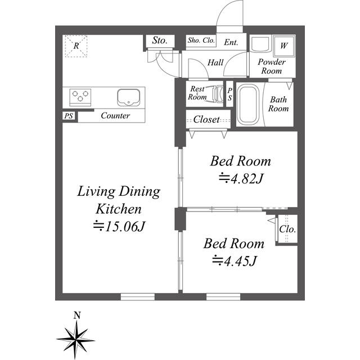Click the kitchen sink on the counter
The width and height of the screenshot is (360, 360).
tap(129, 97)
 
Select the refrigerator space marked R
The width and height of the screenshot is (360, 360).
tap(76, 46)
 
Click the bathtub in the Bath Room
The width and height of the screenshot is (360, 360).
tap(249, 104)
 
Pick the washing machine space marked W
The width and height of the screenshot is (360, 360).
tap(283, 46)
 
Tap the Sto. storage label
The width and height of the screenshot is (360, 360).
tap(160, 40)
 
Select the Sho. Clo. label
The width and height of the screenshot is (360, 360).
tap(201, 40)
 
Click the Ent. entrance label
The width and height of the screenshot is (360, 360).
tap(231, 42)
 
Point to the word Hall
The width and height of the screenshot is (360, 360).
tap(215, 62)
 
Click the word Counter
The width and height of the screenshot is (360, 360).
tap(115, 115)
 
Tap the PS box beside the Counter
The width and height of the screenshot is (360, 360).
tap(69, 116)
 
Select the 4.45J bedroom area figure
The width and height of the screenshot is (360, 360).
tap(234, 261)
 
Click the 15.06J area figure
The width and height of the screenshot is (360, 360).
tap(119, 227)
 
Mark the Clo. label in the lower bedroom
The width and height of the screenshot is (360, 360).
tap(287, 229)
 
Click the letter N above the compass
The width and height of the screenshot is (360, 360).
tap(77, 316)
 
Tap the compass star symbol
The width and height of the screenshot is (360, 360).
tap(75, 340)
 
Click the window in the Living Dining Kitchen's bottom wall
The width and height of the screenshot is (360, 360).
tap(138, 296)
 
